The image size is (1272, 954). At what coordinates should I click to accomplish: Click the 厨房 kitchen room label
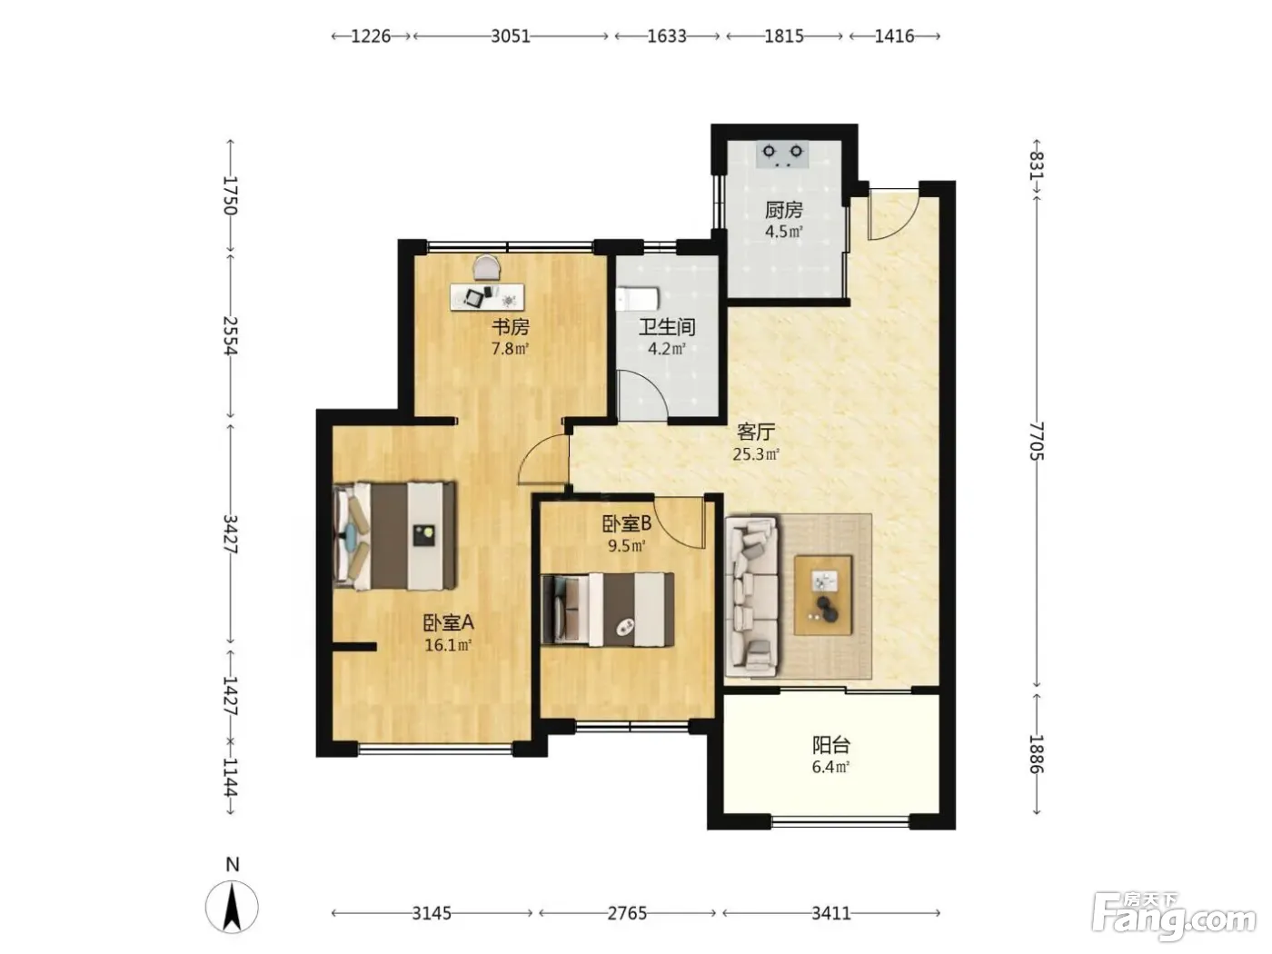(783, 209)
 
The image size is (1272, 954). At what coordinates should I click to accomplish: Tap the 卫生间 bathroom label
(666, 327)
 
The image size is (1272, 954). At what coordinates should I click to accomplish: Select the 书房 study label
(510, 327)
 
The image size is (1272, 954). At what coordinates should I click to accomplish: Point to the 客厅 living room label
(756, 432)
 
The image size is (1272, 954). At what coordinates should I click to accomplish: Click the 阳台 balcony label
(830, 745)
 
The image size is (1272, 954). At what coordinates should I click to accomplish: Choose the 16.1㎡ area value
(447, 645)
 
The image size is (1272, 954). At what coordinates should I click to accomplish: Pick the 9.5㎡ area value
(626, 546)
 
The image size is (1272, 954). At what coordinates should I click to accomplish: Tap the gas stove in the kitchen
(782, 154)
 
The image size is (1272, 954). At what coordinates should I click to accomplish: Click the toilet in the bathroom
(638, 298)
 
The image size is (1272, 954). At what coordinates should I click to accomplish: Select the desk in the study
(487, 296)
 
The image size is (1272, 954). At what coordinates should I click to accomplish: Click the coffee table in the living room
(823, 595)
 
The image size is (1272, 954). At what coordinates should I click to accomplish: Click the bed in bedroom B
(607, 610)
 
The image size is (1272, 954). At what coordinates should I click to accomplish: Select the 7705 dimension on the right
(1036, 442)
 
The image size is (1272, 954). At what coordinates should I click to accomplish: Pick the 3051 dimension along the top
(511, 36)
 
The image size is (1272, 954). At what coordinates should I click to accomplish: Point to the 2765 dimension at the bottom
(627, 913)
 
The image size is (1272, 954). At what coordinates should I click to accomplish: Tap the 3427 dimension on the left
(231, 533)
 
